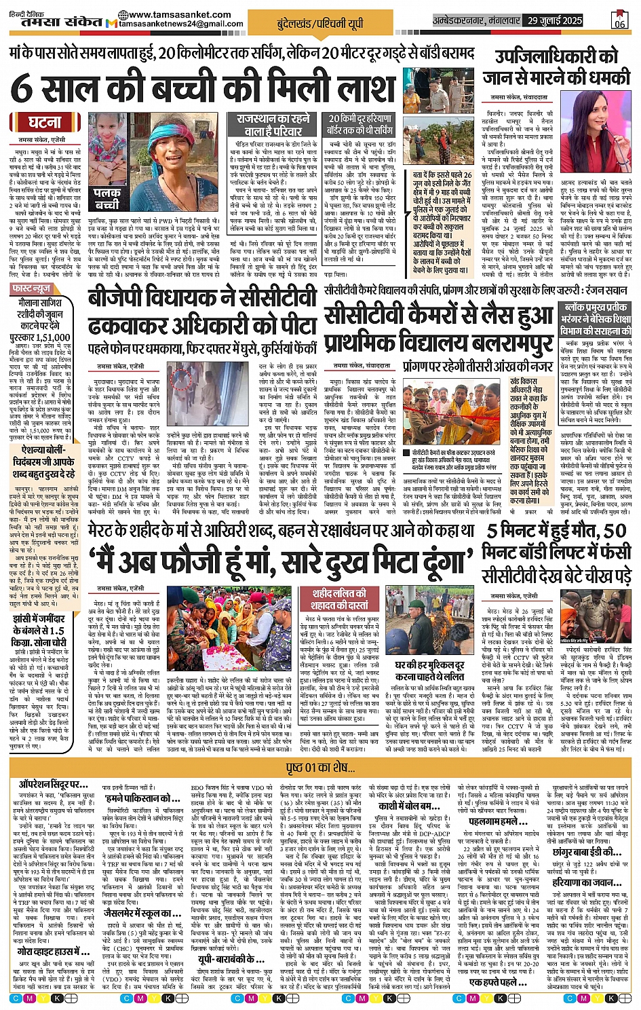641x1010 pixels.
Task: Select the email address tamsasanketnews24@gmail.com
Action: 179,24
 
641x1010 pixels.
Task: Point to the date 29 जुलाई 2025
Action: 554,20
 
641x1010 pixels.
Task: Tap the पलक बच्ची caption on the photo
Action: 106,198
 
